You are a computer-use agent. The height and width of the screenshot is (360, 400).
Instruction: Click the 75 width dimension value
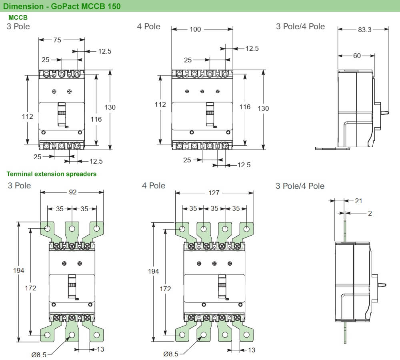57,40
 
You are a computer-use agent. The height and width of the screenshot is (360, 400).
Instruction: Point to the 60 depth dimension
357,56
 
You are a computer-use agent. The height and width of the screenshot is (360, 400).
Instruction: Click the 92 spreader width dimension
72,192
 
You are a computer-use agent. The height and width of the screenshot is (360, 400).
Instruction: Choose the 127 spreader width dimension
214,193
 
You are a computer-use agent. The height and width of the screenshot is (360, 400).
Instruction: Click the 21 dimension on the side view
358,200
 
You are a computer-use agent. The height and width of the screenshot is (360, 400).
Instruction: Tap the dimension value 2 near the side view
370,214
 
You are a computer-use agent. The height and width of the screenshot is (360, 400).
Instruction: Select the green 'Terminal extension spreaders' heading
52,174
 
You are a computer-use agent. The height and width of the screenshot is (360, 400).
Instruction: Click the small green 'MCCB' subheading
18,18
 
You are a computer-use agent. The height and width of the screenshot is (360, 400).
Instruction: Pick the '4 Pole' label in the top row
148,26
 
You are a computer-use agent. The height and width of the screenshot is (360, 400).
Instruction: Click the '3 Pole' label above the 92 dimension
19,186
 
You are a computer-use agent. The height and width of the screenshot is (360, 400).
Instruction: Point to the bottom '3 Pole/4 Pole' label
300,186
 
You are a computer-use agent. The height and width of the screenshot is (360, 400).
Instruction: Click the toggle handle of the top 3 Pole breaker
62,114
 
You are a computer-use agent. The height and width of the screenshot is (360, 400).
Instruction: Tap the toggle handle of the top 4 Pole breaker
210,114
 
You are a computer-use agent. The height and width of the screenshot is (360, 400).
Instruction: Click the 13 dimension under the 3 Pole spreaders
100,349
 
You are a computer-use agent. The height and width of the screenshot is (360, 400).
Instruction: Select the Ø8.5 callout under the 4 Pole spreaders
171,354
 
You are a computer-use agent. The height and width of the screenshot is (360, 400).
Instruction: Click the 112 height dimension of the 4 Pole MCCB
160,105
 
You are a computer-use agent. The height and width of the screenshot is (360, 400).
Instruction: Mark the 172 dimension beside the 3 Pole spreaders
30,288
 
